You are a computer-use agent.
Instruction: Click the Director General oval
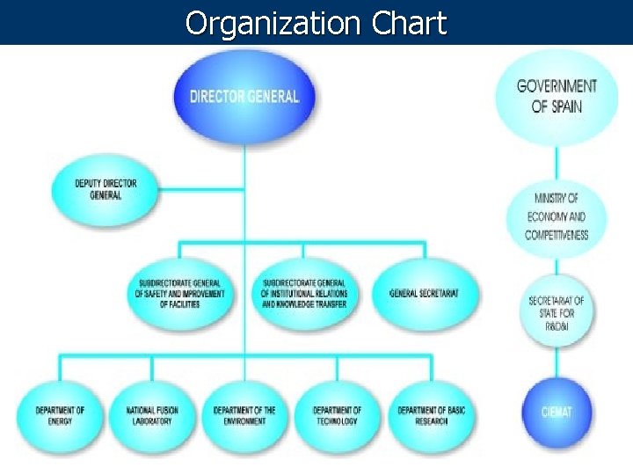[244, 96]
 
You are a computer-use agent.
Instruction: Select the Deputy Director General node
[105, 189]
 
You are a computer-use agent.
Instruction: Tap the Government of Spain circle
[557, 96]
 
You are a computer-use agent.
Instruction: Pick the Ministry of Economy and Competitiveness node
[557, 216]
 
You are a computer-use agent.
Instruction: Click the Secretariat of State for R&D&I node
[557, 312]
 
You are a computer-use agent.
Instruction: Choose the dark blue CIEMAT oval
[557, 411]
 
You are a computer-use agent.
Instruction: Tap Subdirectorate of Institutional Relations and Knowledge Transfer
[304, 293]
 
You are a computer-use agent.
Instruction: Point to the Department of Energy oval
[60, 414]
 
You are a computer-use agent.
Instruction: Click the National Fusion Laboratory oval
[153, 414]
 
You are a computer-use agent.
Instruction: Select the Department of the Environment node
[245, 414]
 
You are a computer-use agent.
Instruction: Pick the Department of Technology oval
[337, 414]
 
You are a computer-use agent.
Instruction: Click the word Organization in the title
[269, 23]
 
